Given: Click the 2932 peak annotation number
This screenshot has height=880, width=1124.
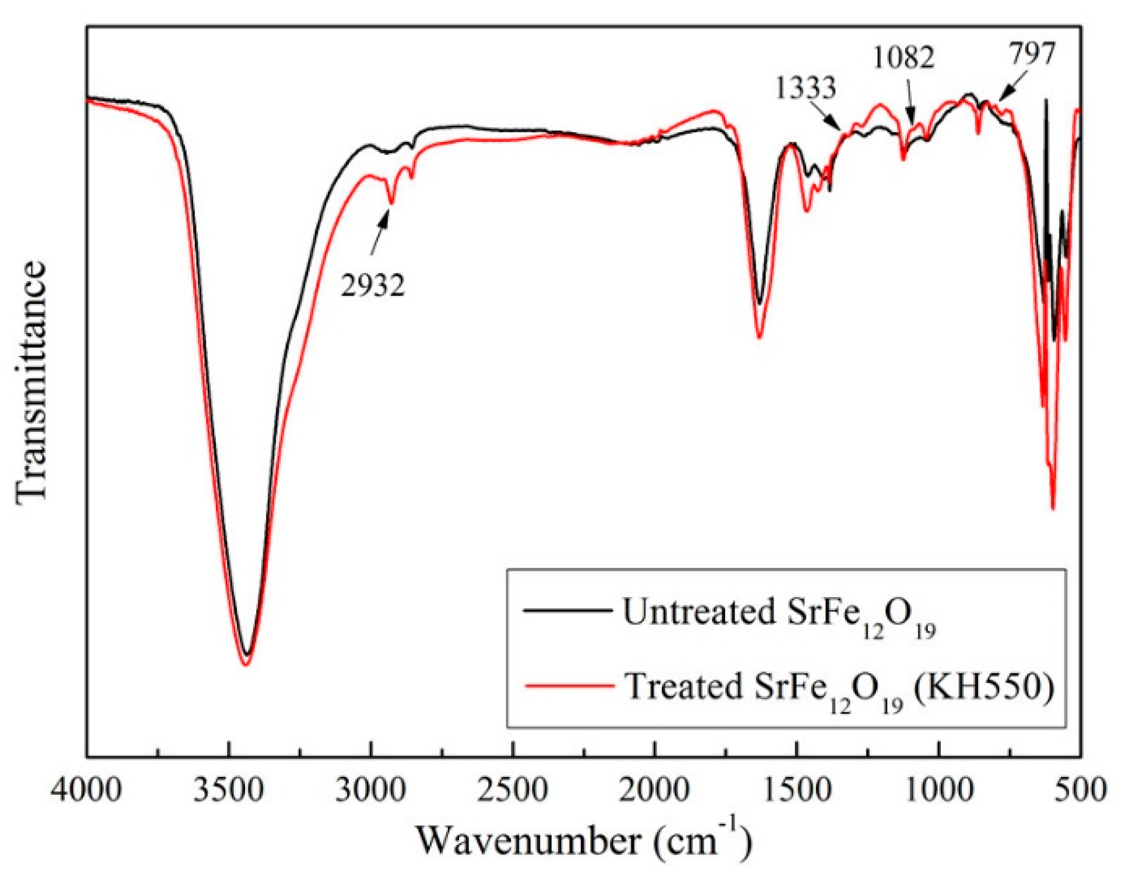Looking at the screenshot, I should [x=373, y=285].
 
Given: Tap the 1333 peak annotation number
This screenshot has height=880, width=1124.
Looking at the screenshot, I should [x=806, y=88].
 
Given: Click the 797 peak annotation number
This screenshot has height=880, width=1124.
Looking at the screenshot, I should [x=1032, y=53].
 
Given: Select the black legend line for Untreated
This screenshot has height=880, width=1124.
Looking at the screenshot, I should [x=567, y=610].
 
